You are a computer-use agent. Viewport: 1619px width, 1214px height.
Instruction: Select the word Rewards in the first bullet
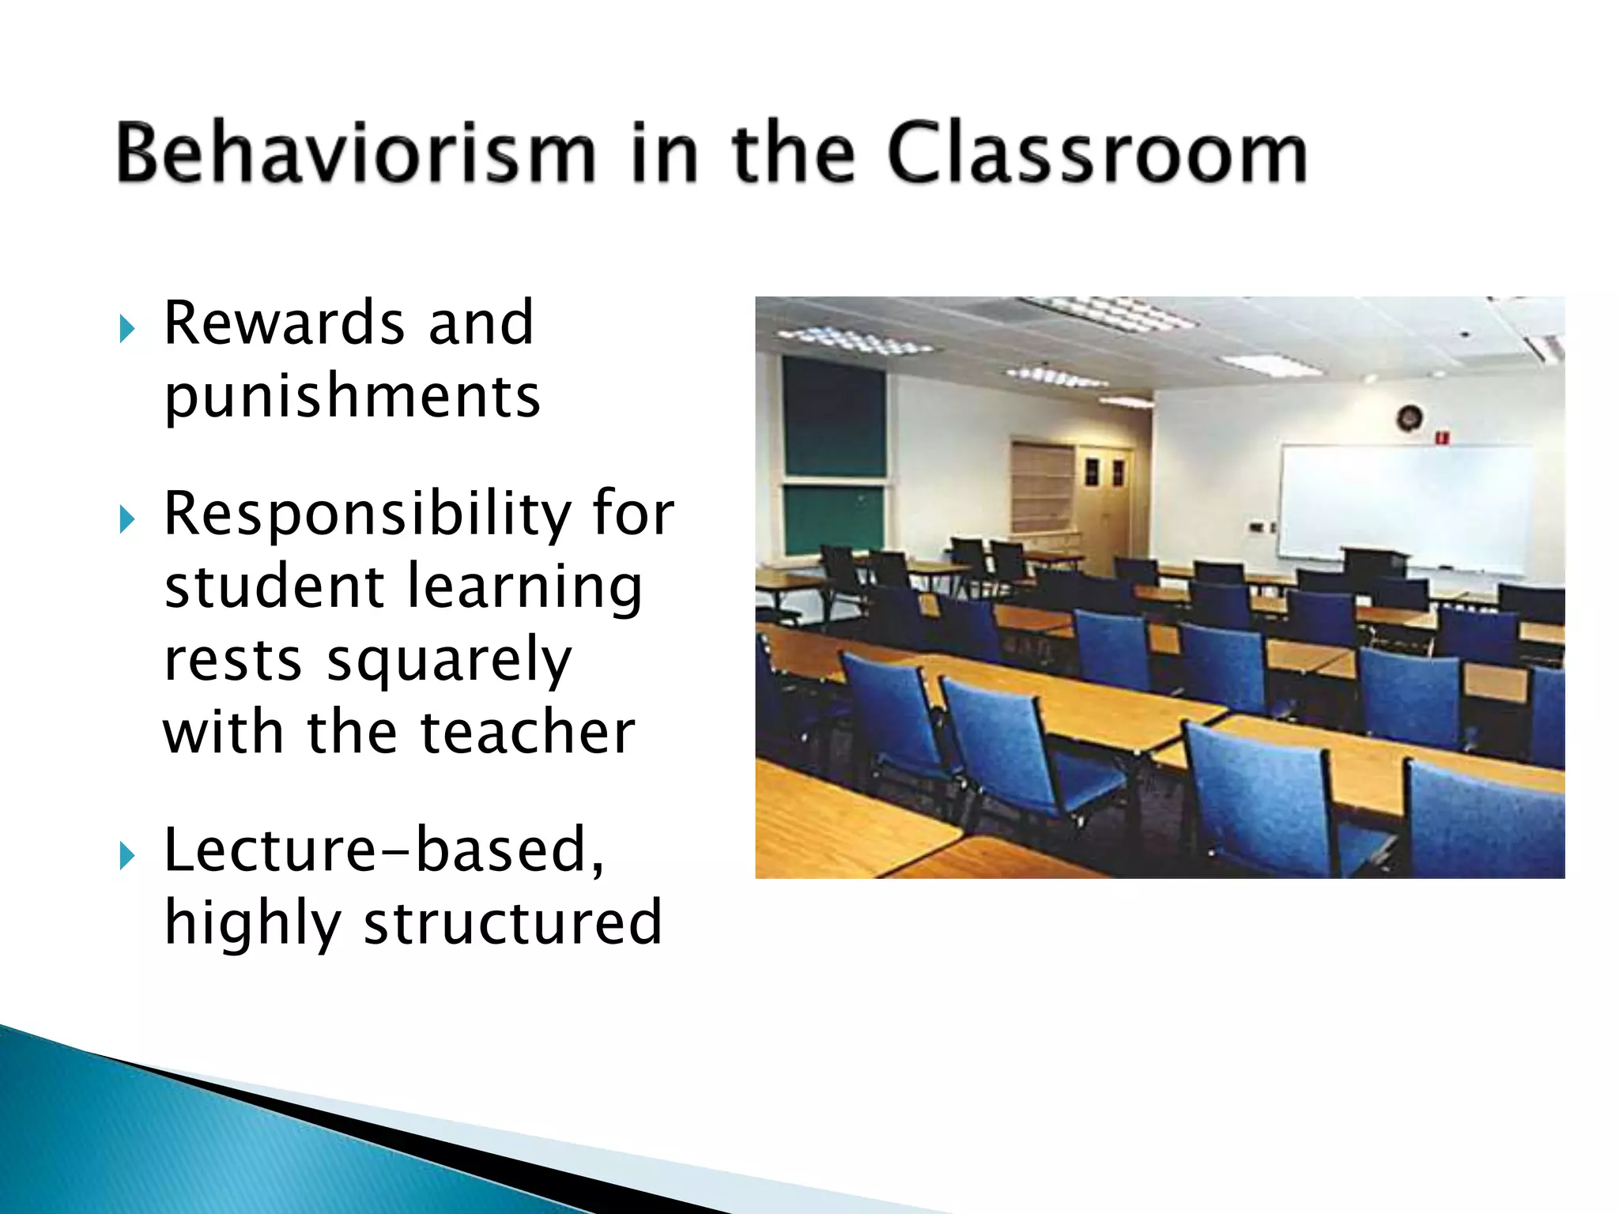[281, 323]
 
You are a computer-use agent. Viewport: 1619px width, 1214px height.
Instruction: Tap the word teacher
[527, 733]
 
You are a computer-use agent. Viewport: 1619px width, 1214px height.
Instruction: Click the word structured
[512, 923]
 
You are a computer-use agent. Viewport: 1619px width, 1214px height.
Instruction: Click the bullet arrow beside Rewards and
[126, 328]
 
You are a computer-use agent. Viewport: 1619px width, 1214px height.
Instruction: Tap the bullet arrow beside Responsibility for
[126, 520]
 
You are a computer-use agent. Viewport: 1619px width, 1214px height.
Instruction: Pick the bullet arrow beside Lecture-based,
[126, 855]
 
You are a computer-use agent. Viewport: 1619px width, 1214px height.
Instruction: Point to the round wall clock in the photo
[1410, 417]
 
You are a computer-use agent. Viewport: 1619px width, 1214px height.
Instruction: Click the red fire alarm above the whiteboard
[1442, 436]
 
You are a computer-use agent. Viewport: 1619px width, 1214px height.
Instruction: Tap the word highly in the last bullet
[252, 923]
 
